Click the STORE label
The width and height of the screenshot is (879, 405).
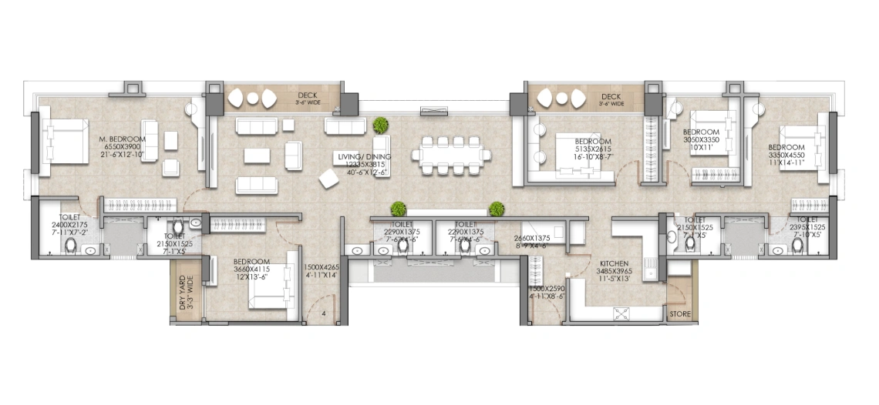pyautogui.click(x=679, y=314)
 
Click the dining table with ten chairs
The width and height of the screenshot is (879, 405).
pyautogui.click(x=451, y=155)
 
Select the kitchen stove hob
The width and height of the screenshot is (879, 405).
pyautogui.click(x=622, y=313)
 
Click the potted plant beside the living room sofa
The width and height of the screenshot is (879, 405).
pyautogui.click(x=379, y=125)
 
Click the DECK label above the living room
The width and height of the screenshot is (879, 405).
pyautogui.click(x=308, y=96)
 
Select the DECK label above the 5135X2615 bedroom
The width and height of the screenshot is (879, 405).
pyautogui.click(x=611, y=96)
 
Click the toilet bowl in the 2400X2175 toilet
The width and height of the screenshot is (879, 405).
pyautogui.click(x=71, y=246)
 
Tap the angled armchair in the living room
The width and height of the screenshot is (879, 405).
pyautogui.click(x=329, y=179)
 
